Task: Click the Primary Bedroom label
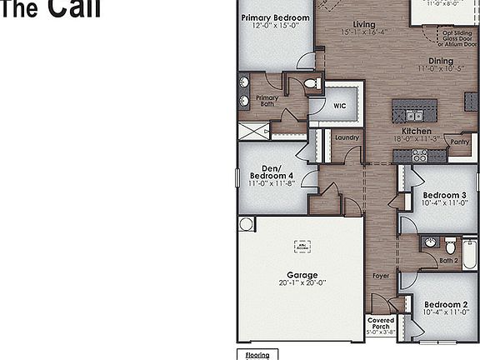click(x=275, y=17)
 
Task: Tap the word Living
click(x=364, y=25)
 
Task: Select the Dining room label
click(x=440, y=61)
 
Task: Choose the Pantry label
click(x=459, y=142)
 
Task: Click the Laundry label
click(x=347, y=137)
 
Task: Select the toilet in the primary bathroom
click(x=312, y=83)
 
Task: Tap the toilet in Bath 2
click(x=451, y=247)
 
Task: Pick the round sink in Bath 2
click(x=430, y=242)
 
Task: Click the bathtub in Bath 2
click(x=469, y=253)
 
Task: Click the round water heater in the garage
click(x=246, y=223)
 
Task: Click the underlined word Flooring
click(x=257, y=355)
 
